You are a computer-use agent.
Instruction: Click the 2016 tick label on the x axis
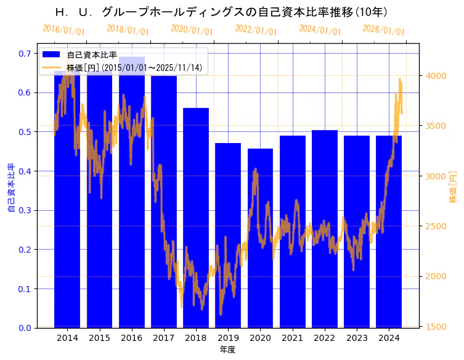131,338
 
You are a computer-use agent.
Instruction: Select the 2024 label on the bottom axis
389,338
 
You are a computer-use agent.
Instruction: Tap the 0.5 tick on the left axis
25,132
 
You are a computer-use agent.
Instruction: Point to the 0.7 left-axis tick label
25,54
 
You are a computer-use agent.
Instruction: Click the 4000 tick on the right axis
436,76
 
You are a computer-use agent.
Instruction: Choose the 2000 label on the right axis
436,276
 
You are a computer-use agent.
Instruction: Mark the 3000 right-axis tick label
436,176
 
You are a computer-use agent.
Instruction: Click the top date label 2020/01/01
192,30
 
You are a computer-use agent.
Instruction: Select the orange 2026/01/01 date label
383,30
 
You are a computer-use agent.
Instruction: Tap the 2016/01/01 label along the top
63,30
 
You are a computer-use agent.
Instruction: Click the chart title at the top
220,12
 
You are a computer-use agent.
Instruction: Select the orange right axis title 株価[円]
454,187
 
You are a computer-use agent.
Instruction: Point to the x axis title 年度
228,350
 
